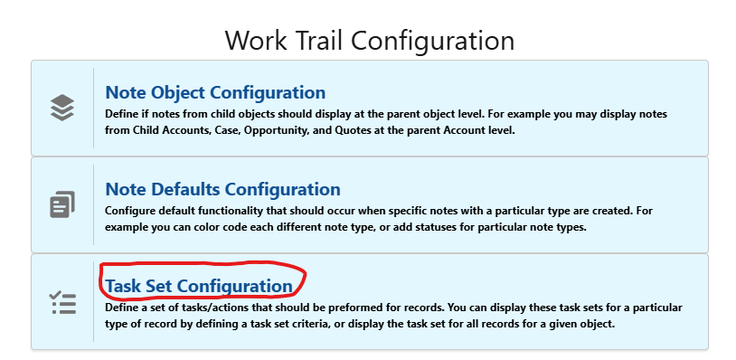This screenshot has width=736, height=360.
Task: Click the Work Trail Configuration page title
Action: point(369,40)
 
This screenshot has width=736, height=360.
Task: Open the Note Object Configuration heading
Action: point(215,92)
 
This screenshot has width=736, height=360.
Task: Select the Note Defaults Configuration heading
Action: point(222,189)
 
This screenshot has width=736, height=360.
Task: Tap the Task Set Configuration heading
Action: point(199,286)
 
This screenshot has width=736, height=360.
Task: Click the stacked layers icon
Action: point(62,108)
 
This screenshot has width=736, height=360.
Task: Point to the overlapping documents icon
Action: point(62,204)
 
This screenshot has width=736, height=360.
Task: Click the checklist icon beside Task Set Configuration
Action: point(62,301)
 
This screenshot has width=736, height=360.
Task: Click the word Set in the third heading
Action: point(159,286)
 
